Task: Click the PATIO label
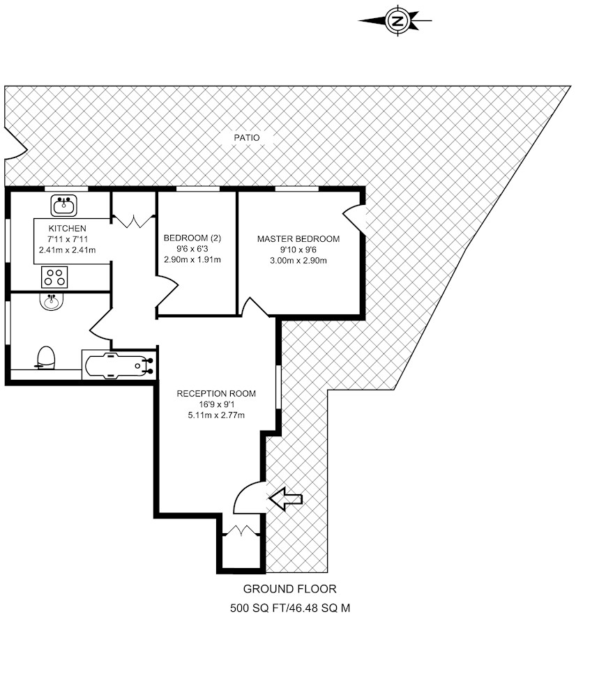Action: [247, 138]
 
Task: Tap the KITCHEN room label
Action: [67, 229]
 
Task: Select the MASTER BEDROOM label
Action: [298, 239]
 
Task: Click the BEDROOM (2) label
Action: [192, 238]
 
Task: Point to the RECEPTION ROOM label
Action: [216, 393]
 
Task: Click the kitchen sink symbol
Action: [63, 206]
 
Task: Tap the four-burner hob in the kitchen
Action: [54, 277]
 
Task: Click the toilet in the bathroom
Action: [45, 358]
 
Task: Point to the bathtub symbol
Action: [119, 365]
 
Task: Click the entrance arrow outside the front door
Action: [286, 499]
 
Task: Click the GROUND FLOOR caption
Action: [289, 589]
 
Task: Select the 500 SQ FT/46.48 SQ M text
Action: [290, 608]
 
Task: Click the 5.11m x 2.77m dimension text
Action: [216, 415]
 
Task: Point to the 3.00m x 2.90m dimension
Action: [298, 261]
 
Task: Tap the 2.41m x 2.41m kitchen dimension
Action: [67, 250]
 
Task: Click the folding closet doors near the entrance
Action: [241, 530]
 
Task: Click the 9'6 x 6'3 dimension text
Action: [192, 249]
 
